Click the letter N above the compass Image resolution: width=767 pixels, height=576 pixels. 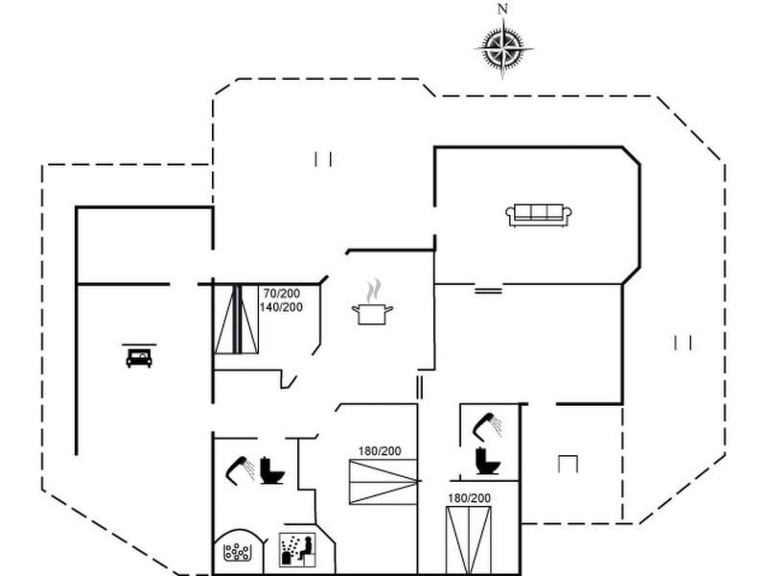(x=502, y=9)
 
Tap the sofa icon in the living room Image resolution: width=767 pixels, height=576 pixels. (x=539, y=215)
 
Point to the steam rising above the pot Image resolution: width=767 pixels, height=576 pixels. (x=374, y=290)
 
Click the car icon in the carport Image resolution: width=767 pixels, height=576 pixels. (x=139, y=356)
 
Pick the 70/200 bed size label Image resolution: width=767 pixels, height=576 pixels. (x=282, y=294)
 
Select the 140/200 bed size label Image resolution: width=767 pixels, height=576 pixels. (x=281, y=307)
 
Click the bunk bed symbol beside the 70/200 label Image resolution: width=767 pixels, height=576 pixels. (x=237, y=319)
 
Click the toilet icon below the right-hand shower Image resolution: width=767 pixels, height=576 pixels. (x=487, y=460)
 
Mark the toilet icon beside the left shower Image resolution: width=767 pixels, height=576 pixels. (x=271, y=470)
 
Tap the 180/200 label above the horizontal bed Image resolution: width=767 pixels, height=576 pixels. (x=380, y=451)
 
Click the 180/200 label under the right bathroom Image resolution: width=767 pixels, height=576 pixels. (x=469, y=498)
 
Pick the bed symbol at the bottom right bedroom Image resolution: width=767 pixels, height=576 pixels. (x=469, y=540)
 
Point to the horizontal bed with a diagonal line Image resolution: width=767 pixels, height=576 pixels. (x=383, y=482)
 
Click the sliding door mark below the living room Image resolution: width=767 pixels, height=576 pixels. (x=488, y=291)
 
